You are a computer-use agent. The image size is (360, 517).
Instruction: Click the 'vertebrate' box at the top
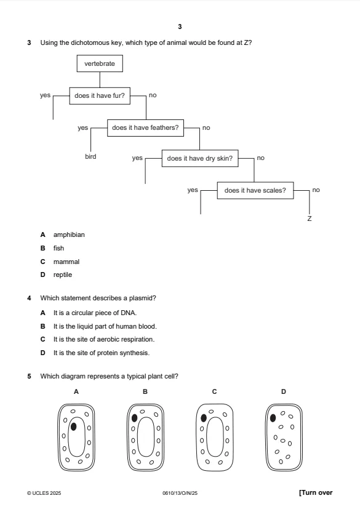pos(100,63)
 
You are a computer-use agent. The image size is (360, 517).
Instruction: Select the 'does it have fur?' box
pos(100,95)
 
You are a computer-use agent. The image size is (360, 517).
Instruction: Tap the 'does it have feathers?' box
pos(145,128)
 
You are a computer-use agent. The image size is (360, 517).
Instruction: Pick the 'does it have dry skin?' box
pos(200,158)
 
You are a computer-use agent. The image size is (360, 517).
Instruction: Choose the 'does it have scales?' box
pos(255,190)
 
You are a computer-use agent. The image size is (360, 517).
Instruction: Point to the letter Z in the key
pos(309,218)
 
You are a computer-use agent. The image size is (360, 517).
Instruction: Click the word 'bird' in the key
pos(90,156)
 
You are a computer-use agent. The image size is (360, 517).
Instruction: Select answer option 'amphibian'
pos(69,234)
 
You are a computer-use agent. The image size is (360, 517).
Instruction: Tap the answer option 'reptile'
pos(63,275)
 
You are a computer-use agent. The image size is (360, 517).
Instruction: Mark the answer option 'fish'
pos(58,248)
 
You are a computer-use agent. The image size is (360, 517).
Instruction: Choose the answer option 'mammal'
pos(66,262)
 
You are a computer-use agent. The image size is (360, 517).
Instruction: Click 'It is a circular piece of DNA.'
pos(95,313)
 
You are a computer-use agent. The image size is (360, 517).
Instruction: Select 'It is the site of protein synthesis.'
pos(102,353)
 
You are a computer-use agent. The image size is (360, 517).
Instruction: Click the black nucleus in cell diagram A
pos(73,427)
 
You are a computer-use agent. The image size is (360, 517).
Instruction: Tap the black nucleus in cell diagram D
pos(273,418)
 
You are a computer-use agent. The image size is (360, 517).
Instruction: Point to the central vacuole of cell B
pos(146,437)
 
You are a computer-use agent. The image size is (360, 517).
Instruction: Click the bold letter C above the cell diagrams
pos(214,391)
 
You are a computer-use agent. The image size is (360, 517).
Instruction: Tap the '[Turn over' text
pos(316,492)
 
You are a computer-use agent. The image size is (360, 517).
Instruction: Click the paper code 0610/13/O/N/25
pos(180,493)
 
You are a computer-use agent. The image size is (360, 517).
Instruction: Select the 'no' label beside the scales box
pos(316,190)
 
